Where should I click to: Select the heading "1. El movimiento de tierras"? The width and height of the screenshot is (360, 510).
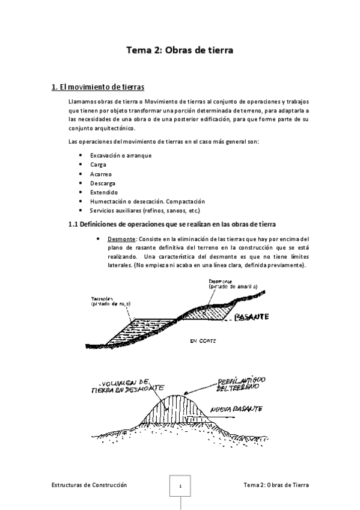(x=97, y=87)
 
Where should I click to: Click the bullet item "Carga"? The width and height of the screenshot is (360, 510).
(x=98, y=164)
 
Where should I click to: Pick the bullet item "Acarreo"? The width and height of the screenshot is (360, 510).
(x=100, y=173)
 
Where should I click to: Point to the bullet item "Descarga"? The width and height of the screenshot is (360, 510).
(x=103, y=183)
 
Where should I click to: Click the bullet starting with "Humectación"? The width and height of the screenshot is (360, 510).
(x=147, y=201)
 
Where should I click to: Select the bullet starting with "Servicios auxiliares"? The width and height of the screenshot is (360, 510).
(x=144, y=210)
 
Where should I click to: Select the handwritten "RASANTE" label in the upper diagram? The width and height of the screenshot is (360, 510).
(x=252, y=317)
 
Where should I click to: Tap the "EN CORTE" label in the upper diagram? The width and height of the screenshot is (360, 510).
(x=203, y=341)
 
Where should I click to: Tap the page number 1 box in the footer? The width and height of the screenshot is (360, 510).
(x=180, y=486)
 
